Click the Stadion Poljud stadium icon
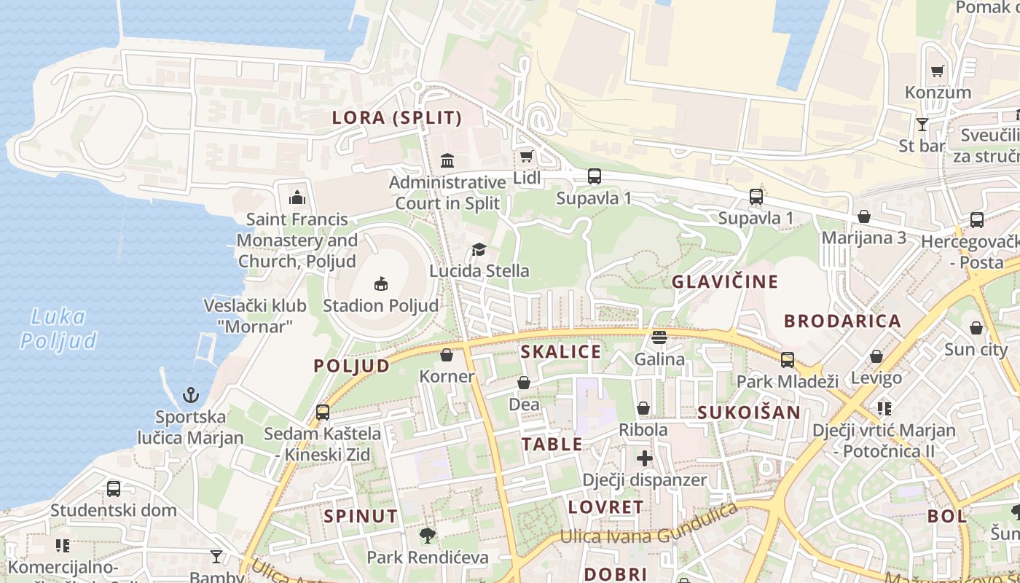[380, 283]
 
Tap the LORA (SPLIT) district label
[397, 117]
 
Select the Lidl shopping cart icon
[526, 156]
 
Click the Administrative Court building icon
[447, 160]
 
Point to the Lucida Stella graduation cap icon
[479, 250]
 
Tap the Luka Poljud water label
[58, 329]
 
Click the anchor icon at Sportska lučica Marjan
[190, 396]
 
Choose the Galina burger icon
[659, 337]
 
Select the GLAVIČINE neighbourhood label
[725, 281]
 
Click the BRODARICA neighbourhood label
[842, 321]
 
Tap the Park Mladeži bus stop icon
[788, 359]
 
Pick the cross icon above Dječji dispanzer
[644, 458]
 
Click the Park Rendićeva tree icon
[428, 536]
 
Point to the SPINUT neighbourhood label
[361, 517]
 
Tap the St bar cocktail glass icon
[922, 124]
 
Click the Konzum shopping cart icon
[937, 71]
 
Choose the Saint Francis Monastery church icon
[297, 197]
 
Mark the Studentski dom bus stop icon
[114, 488]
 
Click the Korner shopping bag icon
[447, 355]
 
